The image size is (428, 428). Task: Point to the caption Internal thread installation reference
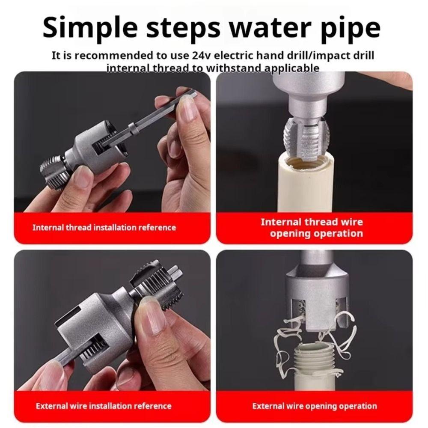click(104, 227)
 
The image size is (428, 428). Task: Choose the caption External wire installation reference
click(104, 406)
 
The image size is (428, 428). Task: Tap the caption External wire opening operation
click(315, 406)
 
